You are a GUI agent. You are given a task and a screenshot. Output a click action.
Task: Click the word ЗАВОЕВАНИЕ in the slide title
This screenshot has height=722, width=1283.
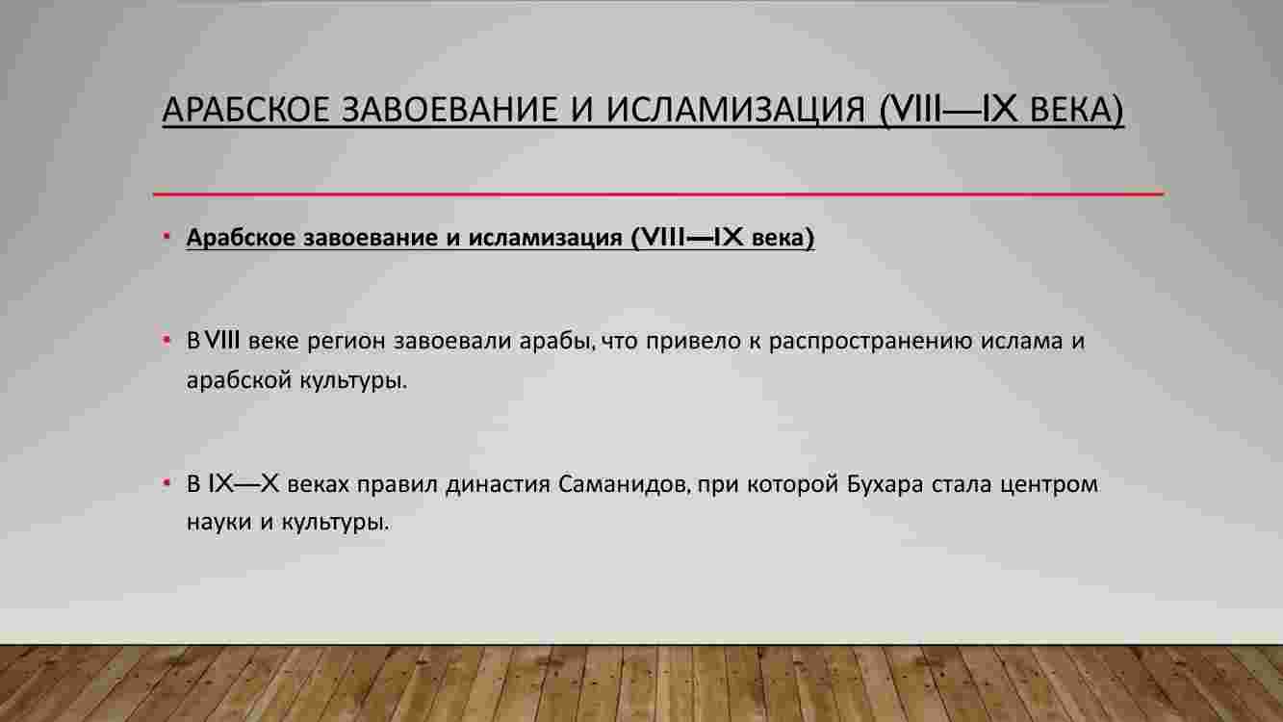pos(449,109)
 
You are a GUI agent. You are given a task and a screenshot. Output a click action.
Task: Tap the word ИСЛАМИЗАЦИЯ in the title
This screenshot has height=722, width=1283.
pos(735,109)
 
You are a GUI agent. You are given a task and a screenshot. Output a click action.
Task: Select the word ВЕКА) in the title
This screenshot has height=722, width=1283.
pos(1077,110)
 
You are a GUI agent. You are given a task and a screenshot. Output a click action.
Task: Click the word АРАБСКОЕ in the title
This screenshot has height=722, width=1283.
pos(245,109)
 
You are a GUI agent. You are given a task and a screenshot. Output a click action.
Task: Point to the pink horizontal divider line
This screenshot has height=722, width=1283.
pos(658,194)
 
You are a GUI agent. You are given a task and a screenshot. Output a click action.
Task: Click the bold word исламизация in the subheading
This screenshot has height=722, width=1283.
pos(545,238)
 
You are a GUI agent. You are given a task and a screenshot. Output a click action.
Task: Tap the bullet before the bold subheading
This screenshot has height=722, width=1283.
pos(167,236)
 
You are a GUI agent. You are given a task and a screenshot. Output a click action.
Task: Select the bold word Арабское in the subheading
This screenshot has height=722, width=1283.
pos(241,238)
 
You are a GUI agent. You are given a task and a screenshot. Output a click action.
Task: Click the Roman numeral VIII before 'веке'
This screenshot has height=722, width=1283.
pos(222,341)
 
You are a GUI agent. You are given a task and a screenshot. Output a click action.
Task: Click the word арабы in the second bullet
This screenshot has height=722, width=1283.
pos(555,342)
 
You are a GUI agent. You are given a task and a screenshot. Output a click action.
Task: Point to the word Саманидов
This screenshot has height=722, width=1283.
pos(624,485)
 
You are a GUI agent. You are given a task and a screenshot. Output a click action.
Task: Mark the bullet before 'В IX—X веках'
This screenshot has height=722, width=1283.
pos(167,484)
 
